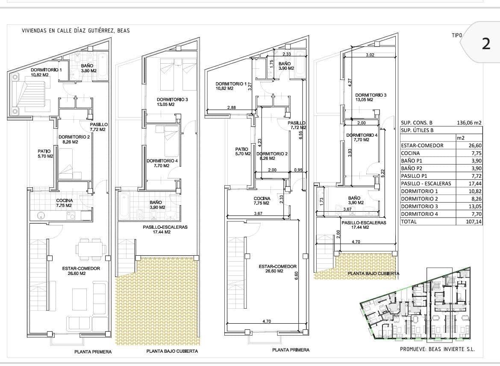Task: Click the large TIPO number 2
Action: [486, 44]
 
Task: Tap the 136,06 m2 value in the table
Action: [469, 123]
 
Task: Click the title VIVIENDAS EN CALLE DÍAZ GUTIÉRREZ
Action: [76, 31]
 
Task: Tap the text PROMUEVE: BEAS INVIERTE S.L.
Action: [437, 349]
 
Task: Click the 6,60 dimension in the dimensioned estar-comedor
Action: [296, 276]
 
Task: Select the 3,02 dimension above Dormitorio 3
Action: [370, 55]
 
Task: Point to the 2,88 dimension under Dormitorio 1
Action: [231, 107]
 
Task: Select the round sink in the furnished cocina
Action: [41, 215]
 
